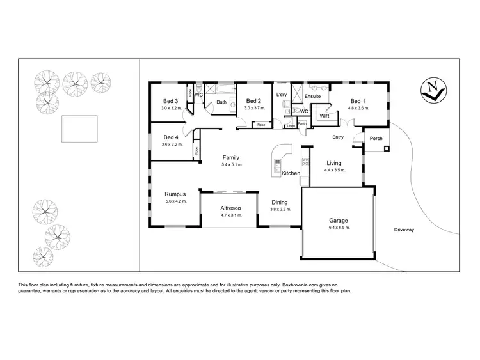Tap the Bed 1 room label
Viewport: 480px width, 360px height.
click(x=357, y=101)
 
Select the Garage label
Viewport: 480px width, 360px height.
click(x=339, y=221)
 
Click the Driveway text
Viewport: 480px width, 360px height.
click(x=404, y=229)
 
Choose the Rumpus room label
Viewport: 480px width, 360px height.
click(x=175, y=194)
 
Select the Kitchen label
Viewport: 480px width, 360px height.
click(x=291, y=173)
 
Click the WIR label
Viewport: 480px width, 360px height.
click(x=324, y=116)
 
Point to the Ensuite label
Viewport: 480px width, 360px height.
click(x=312, y=96)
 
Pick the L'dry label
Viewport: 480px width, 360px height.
click(x=281, y=95)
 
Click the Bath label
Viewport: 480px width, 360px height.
click(x=221, y=102)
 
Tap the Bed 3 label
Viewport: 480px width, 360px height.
click(x=170, y=101)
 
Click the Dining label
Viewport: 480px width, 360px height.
click(x=280, y=202)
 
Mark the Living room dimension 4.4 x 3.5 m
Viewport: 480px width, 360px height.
click(x=334, y=170)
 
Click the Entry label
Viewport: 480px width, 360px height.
click(x=339, y=137)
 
